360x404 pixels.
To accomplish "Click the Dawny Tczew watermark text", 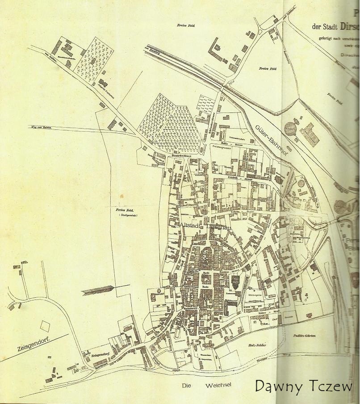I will pyautogui.click(x=304, y=387).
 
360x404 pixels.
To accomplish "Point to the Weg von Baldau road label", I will pyautogui.click(x=39, y=128).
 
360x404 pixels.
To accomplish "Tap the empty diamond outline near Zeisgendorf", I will pyautogui.click(x=45, y=325).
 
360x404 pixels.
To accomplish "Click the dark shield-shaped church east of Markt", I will pyautogui.click(x=236, y=282).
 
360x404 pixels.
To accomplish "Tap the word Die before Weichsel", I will pyautogui.click(x=187, y=385).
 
